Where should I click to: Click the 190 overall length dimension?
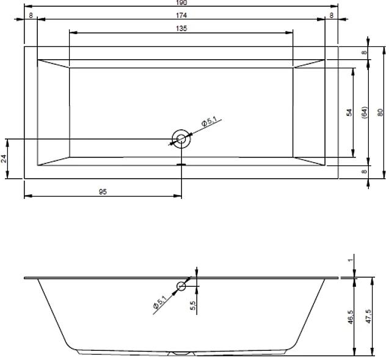point(181,2)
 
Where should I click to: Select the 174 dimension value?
point(181,16)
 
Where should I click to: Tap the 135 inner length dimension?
point(181,29)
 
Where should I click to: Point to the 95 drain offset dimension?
point(103,192)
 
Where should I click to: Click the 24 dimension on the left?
point(4,159)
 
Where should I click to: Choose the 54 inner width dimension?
point(349,112)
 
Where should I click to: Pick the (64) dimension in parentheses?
point(364,112)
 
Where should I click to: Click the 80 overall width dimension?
point(380,112)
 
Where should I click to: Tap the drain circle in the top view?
point(181,139)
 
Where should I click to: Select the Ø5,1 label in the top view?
point(209,122)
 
